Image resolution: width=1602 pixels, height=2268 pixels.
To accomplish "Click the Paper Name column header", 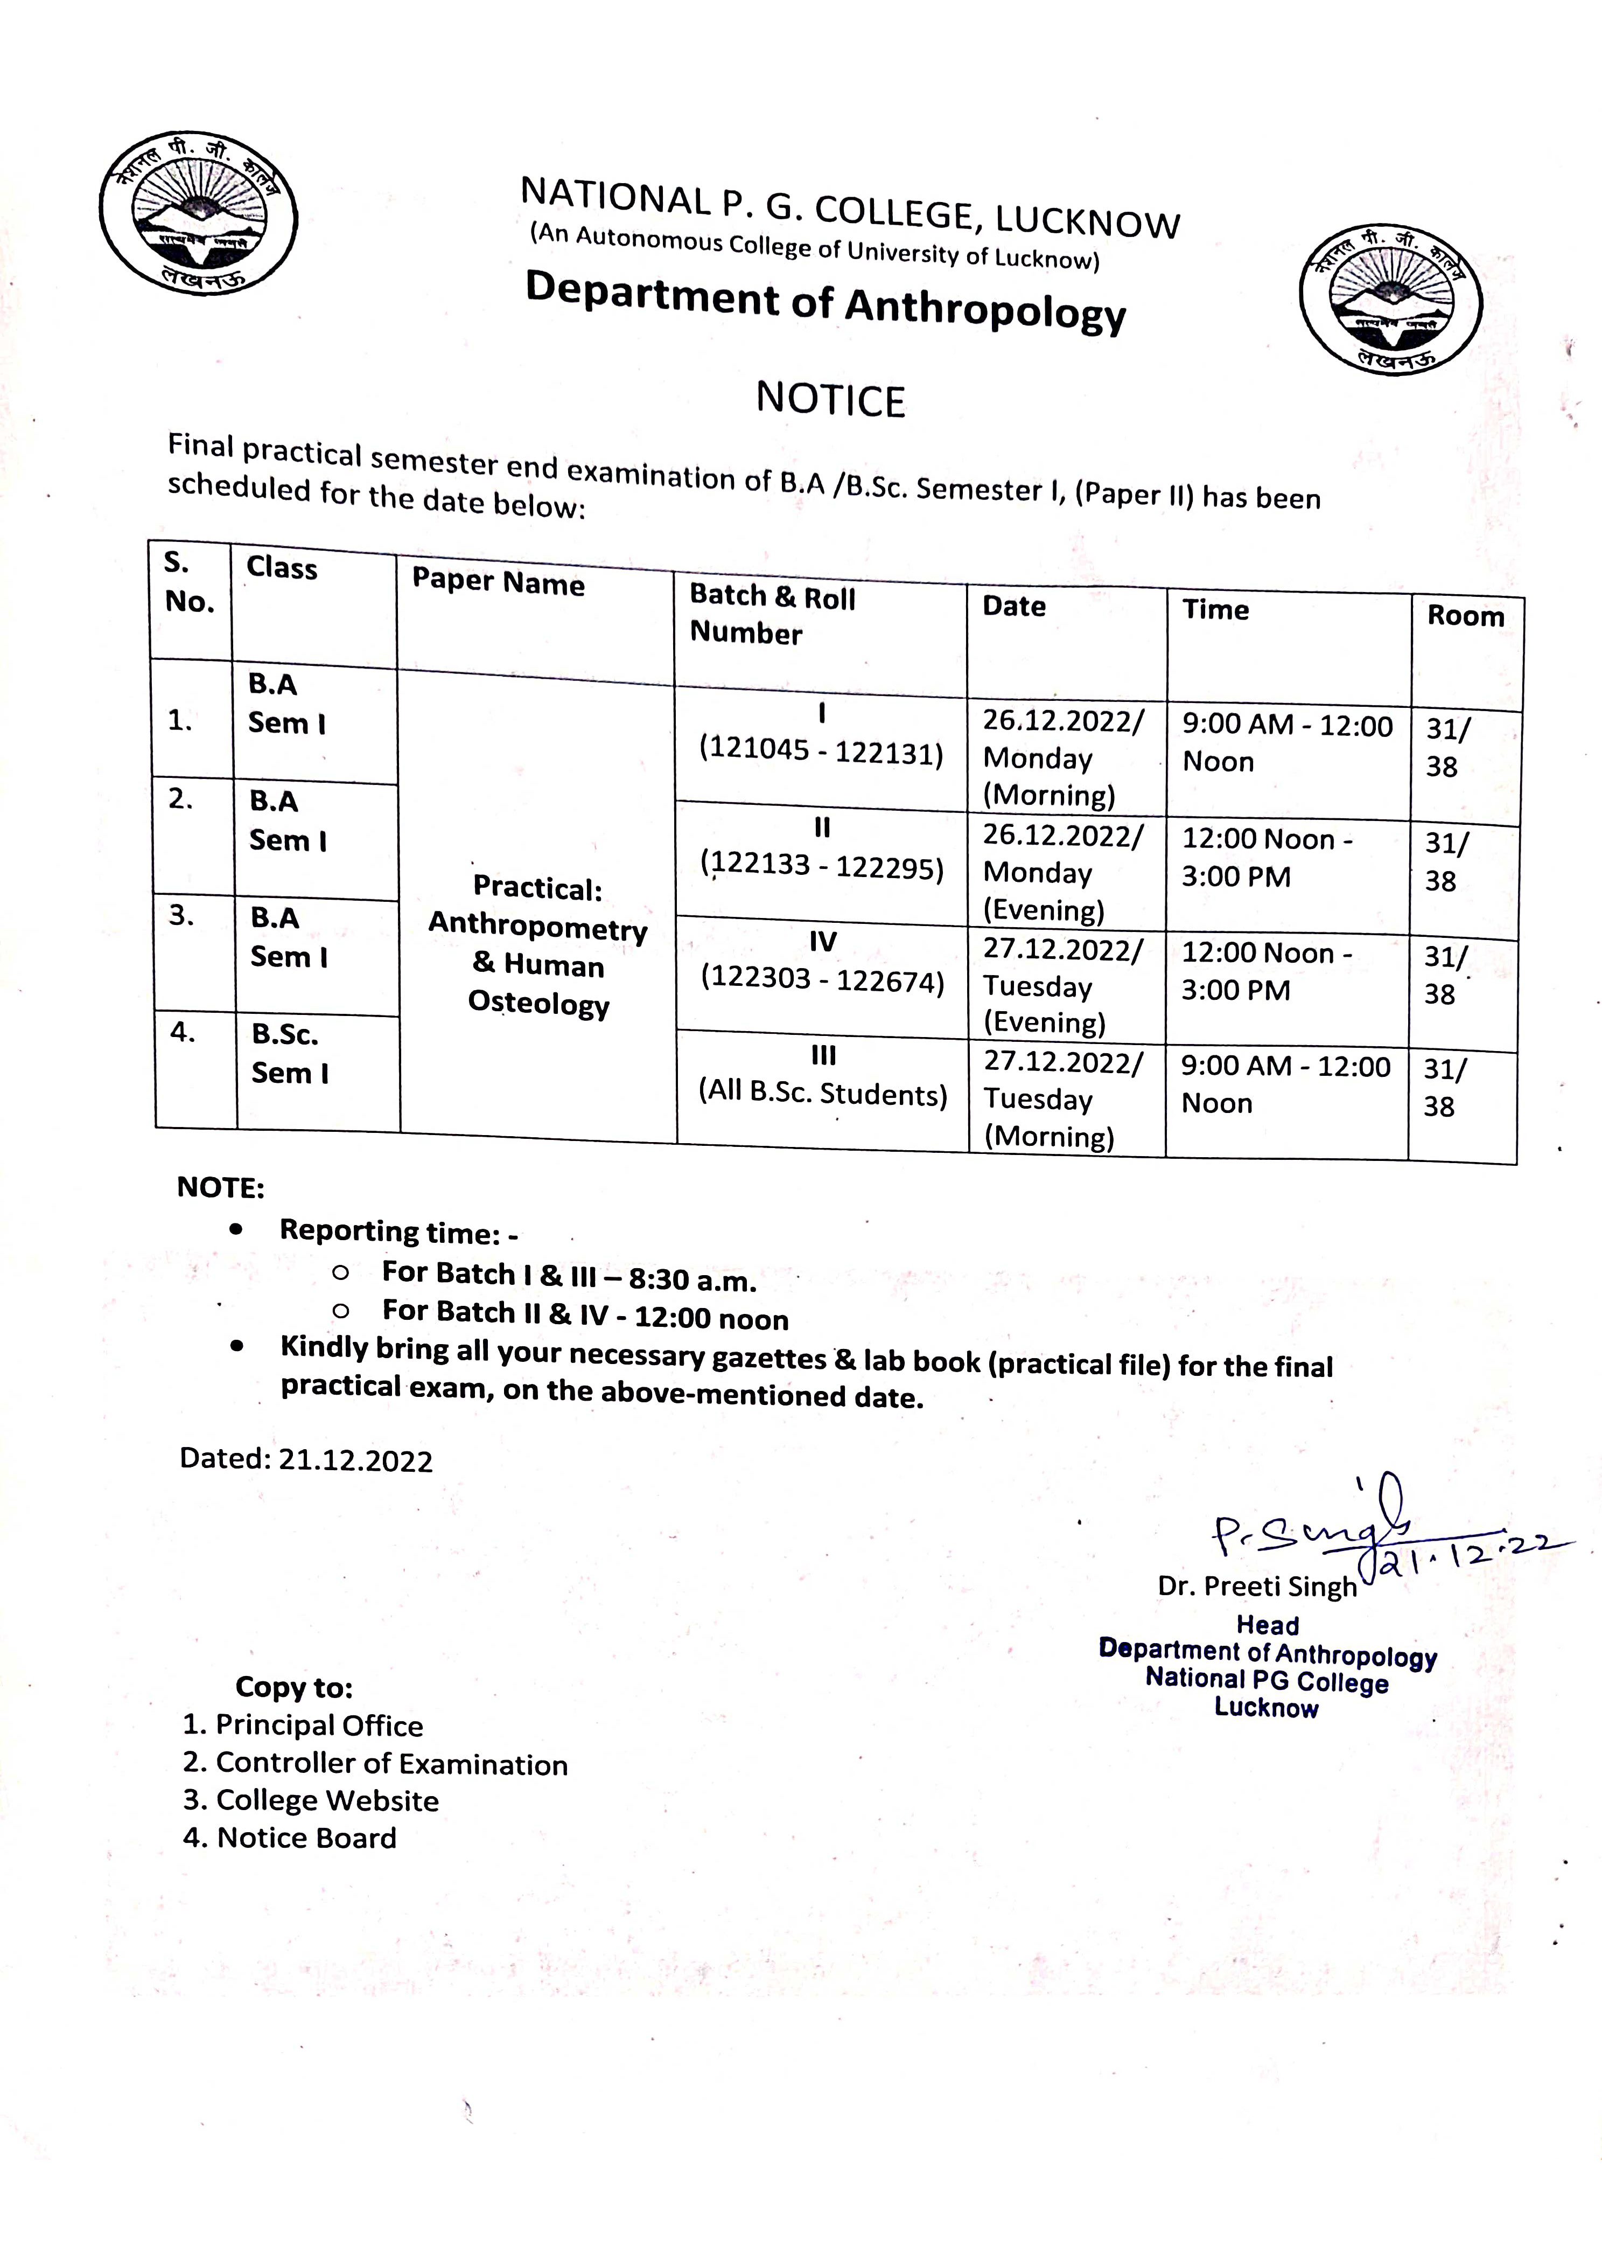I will coord(498,583).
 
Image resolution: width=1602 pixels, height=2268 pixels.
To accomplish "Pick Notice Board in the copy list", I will coord(306,1838).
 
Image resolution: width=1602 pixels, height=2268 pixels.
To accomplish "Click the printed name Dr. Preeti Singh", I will coord(1257,1587).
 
